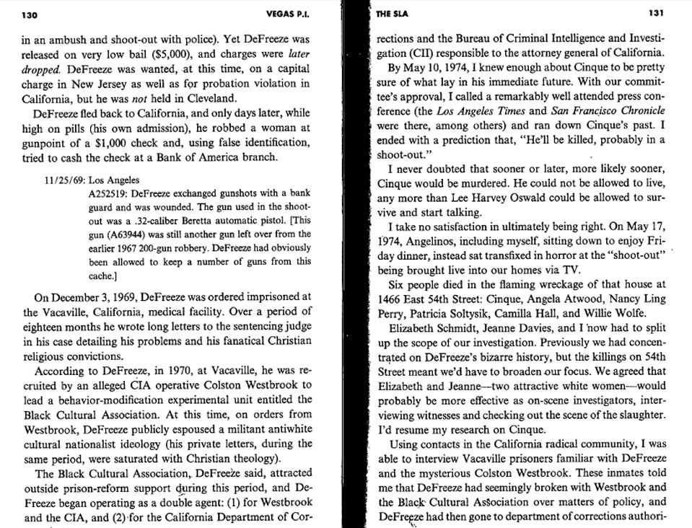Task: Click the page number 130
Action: [30, 14]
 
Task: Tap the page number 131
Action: [655, 14]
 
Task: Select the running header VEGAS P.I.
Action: [286, 14]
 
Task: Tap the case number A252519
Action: [107, 193]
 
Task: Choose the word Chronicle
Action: [641, 110]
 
